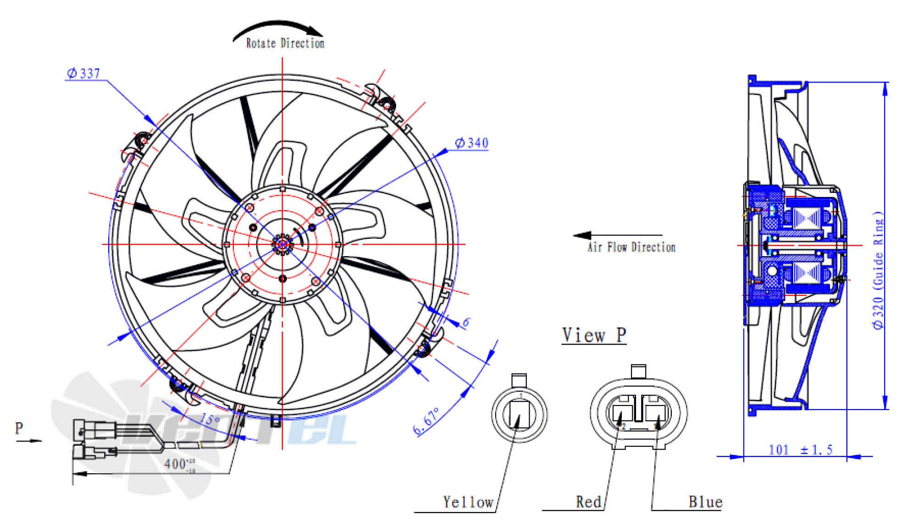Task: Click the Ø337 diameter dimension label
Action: click(83, 73)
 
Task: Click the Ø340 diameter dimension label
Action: click(471, 143)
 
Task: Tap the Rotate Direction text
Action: click(285, 44)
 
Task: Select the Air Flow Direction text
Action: click(631, 247)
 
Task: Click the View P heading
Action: click(594, 335)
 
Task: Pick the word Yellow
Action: click(467, 502)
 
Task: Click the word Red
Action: click(588, 502)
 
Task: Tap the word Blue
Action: click(705, 502)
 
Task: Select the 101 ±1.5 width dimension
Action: click(800, 450)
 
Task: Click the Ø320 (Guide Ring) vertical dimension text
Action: click(878, 270)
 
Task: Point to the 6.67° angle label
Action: click(426, 421)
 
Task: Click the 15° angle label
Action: click(210, 419)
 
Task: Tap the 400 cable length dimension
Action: click(179, 464)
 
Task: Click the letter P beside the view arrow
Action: click(19, 428)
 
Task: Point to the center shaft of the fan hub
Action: click(282, 244)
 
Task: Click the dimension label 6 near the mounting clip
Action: click(466, 323)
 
